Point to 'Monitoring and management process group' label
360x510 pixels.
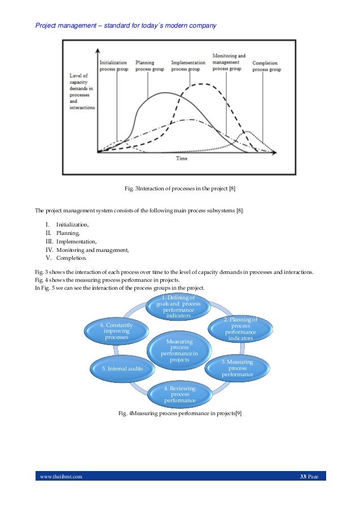pyautogui.click(x=229, y=62)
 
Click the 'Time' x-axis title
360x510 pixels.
pyautogui.click(x=181, y=159)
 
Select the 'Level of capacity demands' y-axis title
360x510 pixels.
pyautogui.click(x=81, y=91)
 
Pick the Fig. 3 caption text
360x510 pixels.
pyautogui.click(x=179, y=188)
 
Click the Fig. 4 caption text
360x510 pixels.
pyautogui.click(x=179, y=414)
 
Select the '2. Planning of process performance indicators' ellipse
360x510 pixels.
pyautogui.click(x=240, y=329)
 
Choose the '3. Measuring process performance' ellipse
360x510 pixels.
pyautogui.click(x=237, y=368)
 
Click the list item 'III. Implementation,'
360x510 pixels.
pyautogui.click(x=72, y=241)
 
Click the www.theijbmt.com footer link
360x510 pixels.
pyautogui.click(x=60, y=477)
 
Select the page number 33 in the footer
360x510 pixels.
pyautogui.click(x=302, y=477)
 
